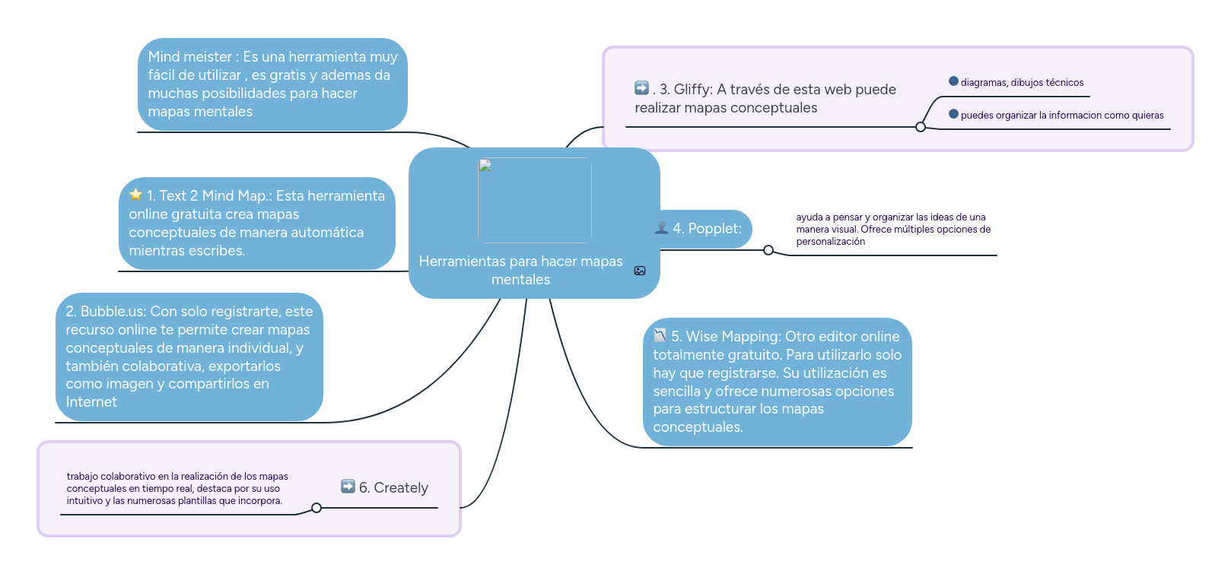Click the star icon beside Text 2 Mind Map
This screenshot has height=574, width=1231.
click(135, 195)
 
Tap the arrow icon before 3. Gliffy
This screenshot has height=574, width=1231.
click(641, 88)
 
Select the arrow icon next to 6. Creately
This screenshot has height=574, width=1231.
click(348, 487)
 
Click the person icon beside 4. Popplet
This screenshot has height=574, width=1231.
click(661, 228)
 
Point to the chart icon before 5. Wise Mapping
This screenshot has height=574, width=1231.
click(660, 335)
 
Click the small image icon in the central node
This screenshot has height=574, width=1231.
click(640, 271)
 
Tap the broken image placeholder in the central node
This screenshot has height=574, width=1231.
click(485, 166)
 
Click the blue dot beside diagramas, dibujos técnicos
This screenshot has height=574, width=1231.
click(953, 81)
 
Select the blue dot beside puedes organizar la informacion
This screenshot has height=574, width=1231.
click(953, 114)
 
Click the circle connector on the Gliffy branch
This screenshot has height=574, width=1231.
click(921, 127)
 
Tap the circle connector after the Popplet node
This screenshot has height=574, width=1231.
click(768, 250)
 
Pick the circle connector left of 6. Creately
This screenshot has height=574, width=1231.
click(316, 508)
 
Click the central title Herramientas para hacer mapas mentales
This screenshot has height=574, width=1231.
click(520, 270)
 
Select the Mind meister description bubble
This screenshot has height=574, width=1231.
click(272, 84)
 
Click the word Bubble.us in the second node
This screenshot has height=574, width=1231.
click(113, 311)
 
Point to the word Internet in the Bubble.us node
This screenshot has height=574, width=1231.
click(91, 402)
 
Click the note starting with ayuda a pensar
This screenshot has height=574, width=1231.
click(892, 229)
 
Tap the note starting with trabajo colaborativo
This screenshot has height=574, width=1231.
click(177, 488)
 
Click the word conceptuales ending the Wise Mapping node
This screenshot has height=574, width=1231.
click(697, 427)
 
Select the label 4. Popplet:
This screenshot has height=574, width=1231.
click(707, 229)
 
